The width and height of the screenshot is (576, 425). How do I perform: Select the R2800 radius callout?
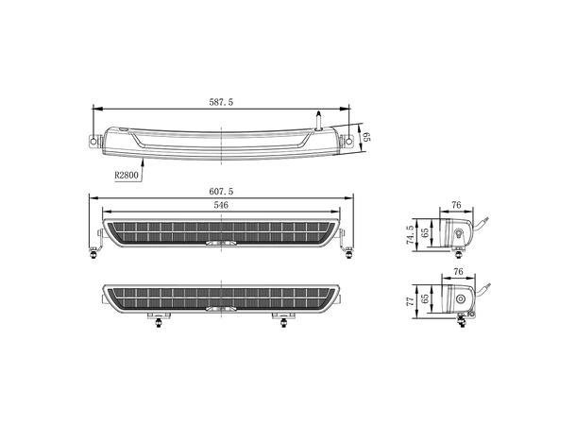128,174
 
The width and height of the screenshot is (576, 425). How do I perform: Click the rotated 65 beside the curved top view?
367,138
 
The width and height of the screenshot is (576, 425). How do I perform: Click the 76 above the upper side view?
455,203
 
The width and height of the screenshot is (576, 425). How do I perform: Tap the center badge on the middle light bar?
219,243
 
